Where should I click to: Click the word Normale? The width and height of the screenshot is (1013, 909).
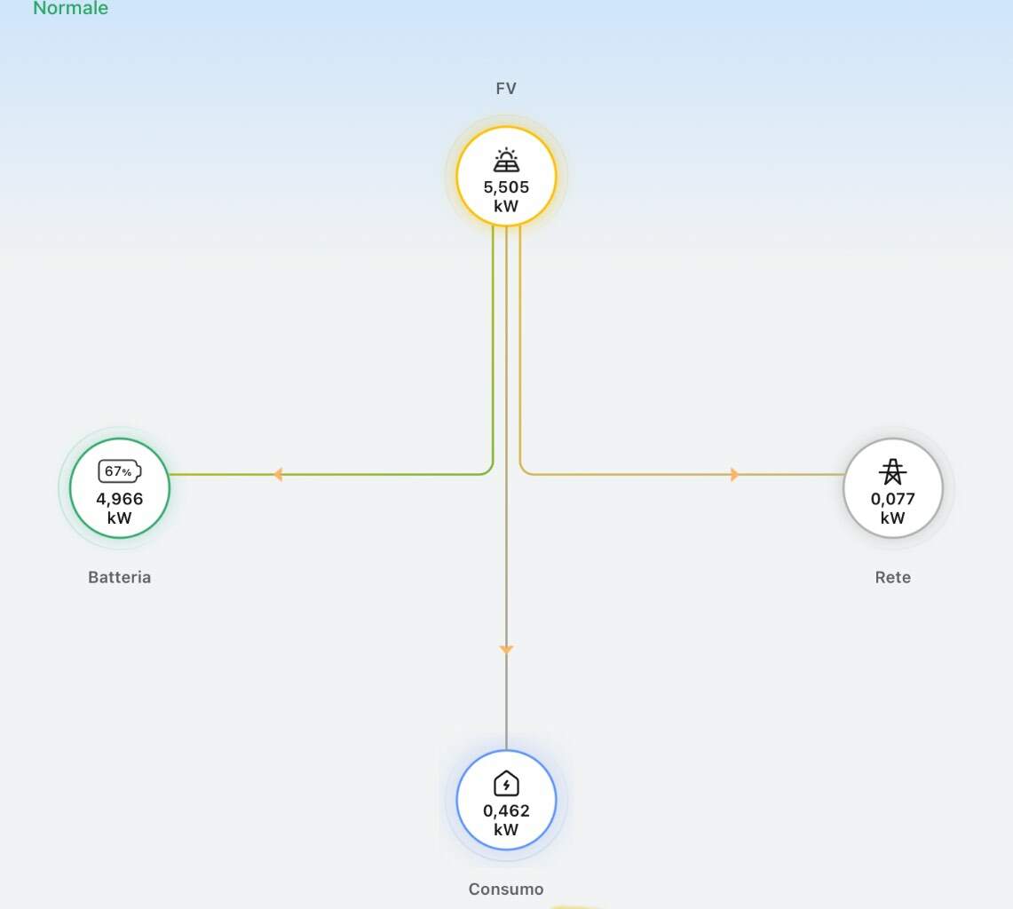tap(70, 8)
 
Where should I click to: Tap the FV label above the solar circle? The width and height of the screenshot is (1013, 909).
tap(506, 89)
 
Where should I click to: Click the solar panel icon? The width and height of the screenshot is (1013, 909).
tap(506, 160)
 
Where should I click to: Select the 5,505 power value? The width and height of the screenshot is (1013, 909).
tap(506, 187)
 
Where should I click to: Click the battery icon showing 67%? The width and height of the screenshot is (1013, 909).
tap(120, 471)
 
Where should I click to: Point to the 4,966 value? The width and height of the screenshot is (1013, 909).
tap(120, 499)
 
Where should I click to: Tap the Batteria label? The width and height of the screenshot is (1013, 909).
tap(120, 577)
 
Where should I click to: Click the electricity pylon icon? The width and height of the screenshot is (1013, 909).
tap(892, 471)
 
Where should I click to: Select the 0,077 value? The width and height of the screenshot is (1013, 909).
tap(892, 499)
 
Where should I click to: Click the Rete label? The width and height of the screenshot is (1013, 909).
tap(893, 577)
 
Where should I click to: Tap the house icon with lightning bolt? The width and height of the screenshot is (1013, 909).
tap(506, 784)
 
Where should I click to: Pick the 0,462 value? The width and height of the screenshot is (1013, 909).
tap(506, 810)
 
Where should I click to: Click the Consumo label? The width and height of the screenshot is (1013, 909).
tap(506, 889)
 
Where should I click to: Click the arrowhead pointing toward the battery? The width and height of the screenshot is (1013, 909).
tap(278, 475)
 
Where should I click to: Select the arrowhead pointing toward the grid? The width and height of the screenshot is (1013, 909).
tap(734, 475)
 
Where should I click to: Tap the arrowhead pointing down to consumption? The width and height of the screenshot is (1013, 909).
tap(506, 649)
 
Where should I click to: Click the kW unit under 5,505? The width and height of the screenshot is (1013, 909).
tap(506, 206)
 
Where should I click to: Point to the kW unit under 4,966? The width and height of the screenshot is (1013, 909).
tap(120, 518)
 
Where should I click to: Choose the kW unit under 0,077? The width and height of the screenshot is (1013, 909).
tap(892, 518)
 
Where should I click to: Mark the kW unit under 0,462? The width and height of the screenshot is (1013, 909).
tap(506, 829)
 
